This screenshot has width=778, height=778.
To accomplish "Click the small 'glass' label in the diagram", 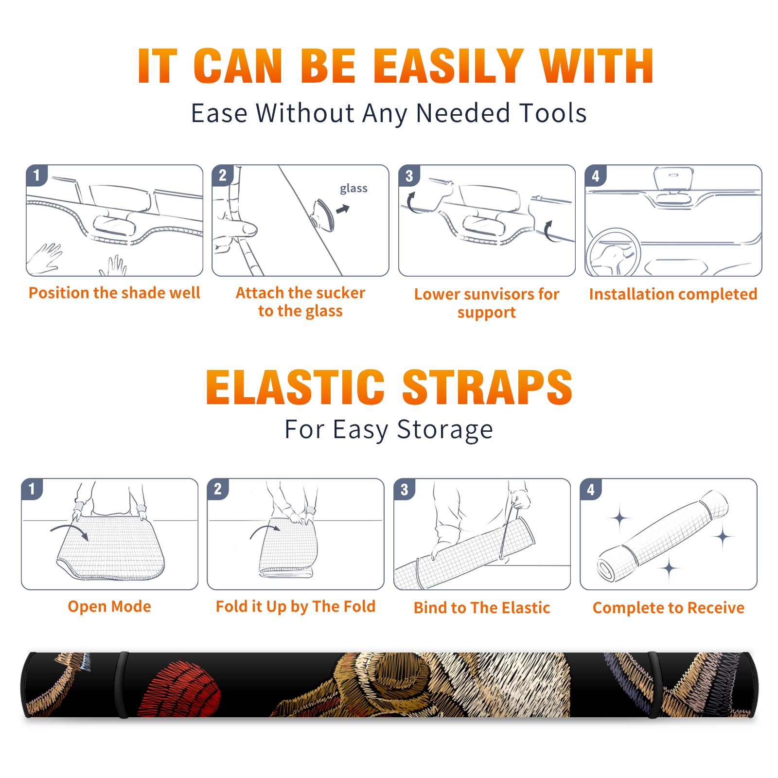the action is click(x=354, y=189).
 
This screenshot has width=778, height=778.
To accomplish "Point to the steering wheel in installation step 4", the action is click(x=613, y=253).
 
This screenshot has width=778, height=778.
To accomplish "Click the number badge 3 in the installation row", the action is click(x=409, y=176).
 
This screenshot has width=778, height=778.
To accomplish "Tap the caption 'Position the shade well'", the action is click(x=114, y=293).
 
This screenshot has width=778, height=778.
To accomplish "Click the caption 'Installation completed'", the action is click(x=673, y=294).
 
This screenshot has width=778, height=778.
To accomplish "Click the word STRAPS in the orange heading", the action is click(x=487, y=387).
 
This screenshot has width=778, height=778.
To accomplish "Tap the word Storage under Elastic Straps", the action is click(x=445, y=430).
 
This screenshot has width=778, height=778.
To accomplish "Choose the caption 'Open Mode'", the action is click(x=109, y=606).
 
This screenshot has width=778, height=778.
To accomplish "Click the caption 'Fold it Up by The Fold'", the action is click(x=296, y=606).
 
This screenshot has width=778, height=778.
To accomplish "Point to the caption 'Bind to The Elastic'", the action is click(x=482, y=608).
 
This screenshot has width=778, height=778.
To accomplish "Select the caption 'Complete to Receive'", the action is click(x=669, y=608).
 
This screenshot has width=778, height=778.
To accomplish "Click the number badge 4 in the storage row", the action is click(x=591, y=489).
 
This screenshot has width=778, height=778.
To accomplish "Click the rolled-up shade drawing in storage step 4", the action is click(x=662, y=536).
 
